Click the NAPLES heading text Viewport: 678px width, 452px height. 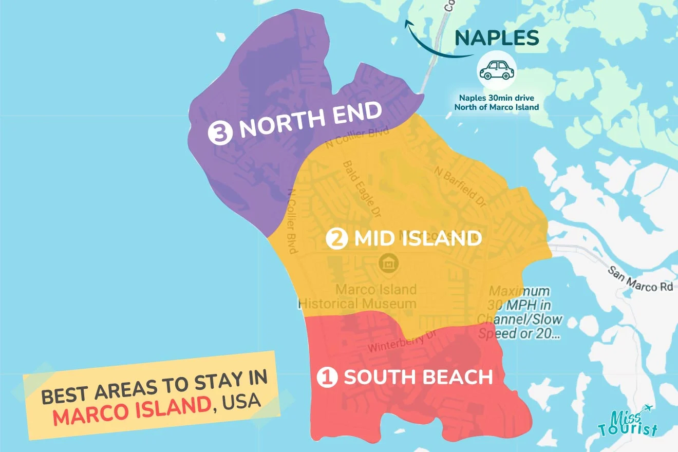[x=497, y=38]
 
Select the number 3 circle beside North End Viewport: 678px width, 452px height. [x=218, y=133]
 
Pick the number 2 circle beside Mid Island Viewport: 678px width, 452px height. [x=337, y=239]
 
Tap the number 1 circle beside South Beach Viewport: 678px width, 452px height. [x=327, y=378]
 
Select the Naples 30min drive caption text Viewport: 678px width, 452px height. [x=496, y=103]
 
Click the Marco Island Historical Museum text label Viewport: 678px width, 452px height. [x=357, y=296]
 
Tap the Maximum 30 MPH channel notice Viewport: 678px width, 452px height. [x=520, y=312]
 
